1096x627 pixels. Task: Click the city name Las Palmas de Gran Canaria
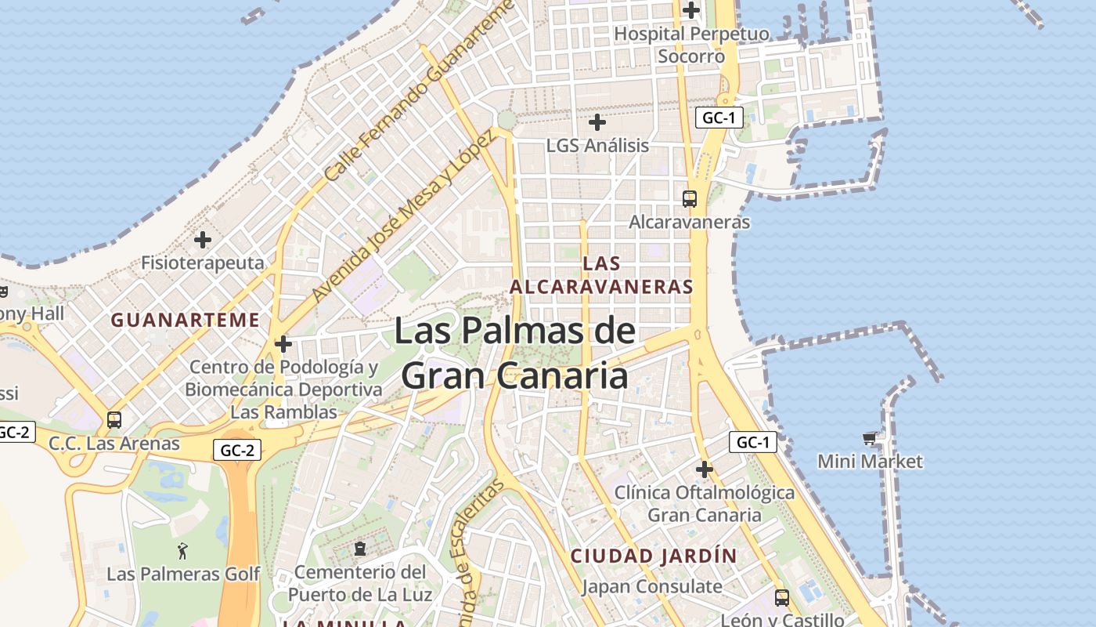(514, 353)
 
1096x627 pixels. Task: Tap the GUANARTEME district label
(185, 320)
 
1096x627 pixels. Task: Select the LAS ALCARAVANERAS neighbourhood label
(601, 275)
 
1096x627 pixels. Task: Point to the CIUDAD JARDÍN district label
(654, 556)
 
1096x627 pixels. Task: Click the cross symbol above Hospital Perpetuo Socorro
(691, 10)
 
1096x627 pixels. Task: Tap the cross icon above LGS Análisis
(597, 122)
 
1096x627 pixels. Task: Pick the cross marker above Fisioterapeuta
(203, 239)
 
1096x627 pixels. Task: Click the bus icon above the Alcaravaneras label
(690, 199)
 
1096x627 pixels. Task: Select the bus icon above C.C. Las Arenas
(114, 420)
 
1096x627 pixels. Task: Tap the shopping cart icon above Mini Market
(870, 438)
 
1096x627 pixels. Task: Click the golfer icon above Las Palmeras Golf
(183, 551)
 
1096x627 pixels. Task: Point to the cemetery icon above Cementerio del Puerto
(360, 549)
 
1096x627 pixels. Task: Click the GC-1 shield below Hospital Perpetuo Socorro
(719, 118)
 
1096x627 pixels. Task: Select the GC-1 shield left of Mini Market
(753, 443)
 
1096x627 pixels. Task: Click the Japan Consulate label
(652, 586)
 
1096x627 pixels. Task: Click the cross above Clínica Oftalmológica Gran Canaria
(705, 469)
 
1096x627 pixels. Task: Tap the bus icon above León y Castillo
(781, 598)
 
